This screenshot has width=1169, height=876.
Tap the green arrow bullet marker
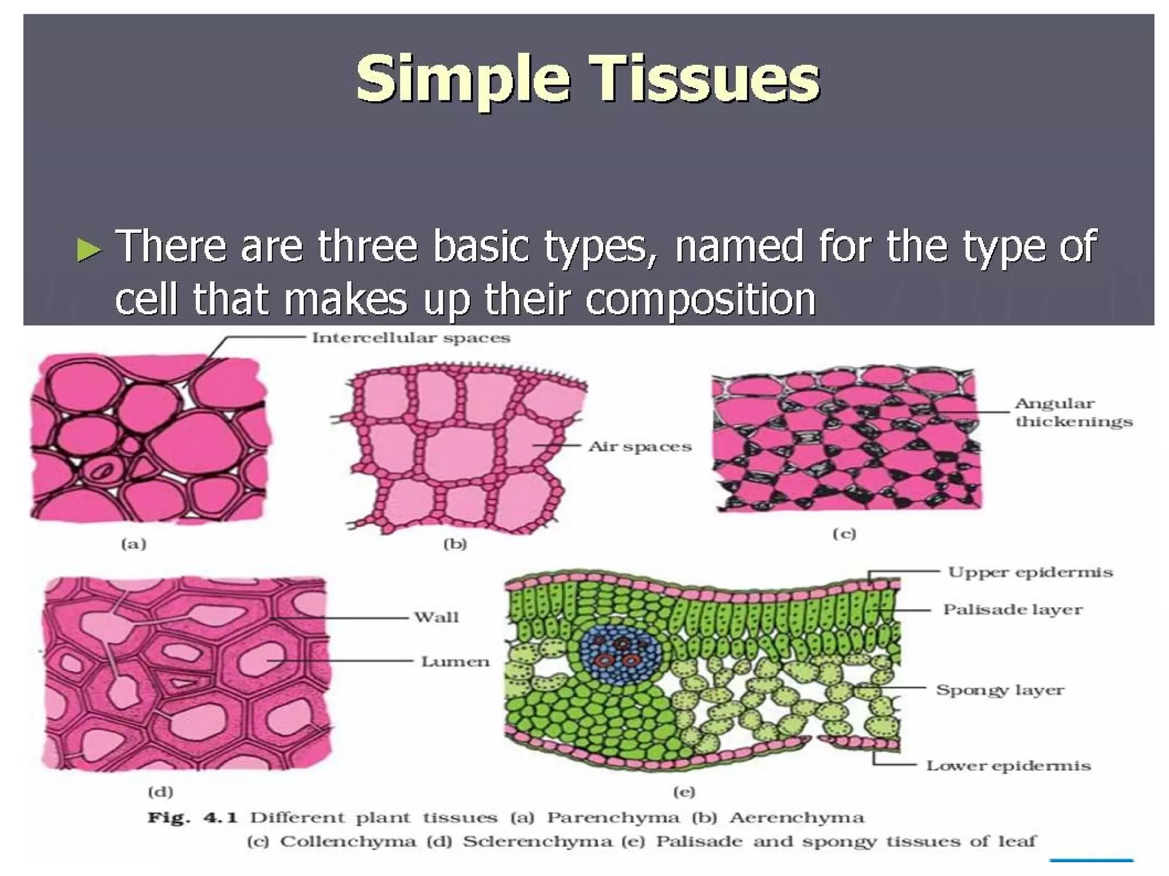(x=89, y=250)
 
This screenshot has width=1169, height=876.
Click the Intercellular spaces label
(x=410, y=338)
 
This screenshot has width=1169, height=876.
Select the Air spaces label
(x=639, y=446)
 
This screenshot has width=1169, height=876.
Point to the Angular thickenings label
(x=1073, y=412)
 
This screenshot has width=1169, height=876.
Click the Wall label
(x=436, y=617)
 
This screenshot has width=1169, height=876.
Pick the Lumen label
(x=455, y=661)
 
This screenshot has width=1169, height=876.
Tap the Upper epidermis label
(x=1030, y=572)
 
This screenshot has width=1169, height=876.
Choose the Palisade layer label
(x=1012, y=609)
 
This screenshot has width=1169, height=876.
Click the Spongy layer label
(x=999, y=689)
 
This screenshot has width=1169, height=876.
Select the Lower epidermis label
(x=1008, y=765)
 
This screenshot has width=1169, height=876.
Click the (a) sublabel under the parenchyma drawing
(x=134, y=544)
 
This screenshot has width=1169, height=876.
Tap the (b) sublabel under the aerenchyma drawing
(x=455, y=544)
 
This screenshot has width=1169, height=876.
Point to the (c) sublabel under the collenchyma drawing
(x=844, y=534)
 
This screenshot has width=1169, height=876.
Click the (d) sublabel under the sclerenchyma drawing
(x=160, y=792)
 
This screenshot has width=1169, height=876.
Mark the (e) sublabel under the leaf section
(x=684, y=792)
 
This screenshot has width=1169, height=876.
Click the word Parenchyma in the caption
(x=613, y=818)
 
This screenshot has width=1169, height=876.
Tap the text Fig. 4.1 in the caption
(x=192, y=818)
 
